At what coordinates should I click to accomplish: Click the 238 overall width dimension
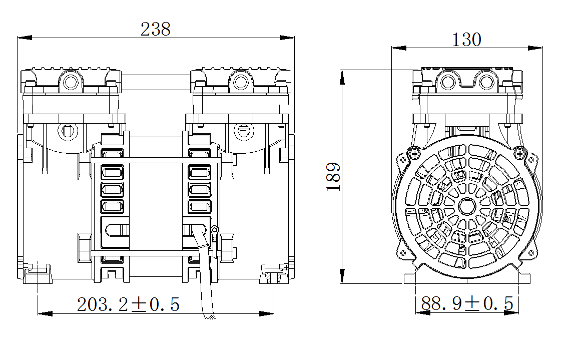pyautogui.click(x=155, y=29)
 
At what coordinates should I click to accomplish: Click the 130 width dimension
pyautogui.click(x=466, y=40)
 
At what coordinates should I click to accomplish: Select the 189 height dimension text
pyautogui.click(x=334, y=176)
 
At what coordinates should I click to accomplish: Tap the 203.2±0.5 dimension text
pyautogui.click(x=128, y=304)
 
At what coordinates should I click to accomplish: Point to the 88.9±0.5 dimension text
pyautogui.click(x=467, y=303)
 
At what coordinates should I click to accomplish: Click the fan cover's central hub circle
pyautogui.click(x=467, y=207)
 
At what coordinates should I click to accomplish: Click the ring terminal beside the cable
pyautogui.click(x=215, y=233)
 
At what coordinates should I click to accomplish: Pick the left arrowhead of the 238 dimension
pyautogui.click(x=25, y=38)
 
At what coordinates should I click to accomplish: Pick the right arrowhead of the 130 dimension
pyautogui.click(x=535, y=48)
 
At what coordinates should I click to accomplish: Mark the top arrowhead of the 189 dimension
pyautogui.click(x=342, y=77)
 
